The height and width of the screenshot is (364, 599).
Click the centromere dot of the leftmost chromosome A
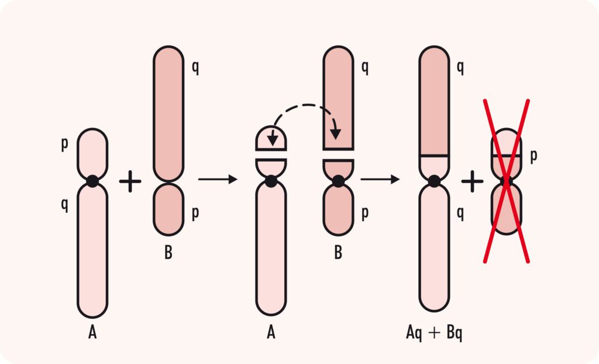tap(92, 181)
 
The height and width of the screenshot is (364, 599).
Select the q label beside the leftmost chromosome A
tap(64, 204)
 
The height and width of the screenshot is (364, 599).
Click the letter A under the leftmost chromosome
tap(92, 333)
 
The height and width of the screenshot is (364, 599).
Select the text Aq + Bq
tap(435, 333)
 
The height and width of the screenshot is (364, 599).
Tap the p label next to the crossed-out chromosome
tap(533, 156)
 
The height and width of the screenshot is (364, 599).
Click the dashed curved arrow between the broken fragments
tap(304, 108)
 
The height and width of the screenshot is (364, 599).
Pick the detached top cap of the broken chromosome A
tap(270, 138)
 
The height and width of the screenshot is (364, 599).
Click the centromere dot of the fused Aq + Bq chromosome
tap(433, 181)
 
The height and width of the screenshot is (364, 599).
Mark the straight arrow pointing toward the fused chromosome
tap(380, 178)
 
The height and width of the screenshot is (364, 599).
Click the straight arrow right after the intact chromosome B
tap(218, 178)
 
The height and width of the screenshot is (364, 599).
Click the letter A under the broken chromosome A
tap(270, 333)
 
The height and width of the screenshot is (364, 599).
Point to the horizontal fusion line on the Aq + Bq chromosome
tap(434, 156)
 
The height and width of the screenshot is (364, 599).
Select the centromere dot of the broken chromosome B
tap(338, 181)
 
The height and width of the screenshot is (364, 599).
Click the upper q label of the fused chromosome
tap(460, 68)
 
